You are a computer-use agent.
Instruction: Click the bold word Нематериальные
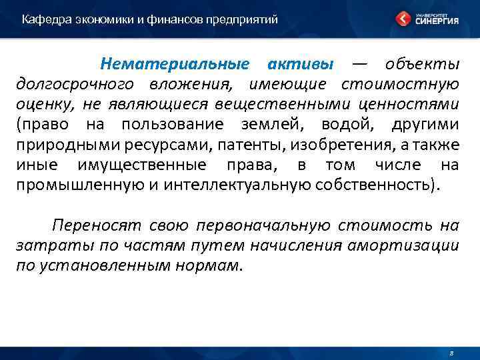(174, 65)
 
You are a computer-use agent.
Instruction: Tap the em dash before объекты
(359, 65)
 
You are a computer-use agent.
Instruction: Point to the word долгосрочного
(75, 85)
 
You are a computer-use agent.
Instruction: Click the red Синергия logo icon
(403, 19)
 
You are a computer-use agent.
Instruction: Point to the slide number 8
(451, 351)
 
